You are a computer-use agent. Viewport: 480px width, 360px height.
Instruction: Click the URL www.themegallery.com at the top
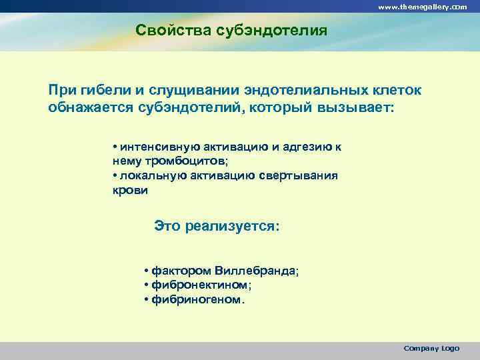[x=422, y=6]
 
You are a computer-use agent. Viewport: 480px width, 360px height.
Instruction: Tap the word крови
[x=130, y=189]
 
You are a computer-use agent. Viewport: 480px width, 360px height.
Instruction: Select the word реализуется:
[x=233, y=226]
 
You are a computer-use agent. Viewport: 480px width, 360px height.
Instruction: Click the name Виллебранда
[x=257, y=271]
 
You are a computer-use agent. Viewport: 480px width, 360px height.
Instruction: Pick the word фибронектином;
[x=201, y=285]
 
